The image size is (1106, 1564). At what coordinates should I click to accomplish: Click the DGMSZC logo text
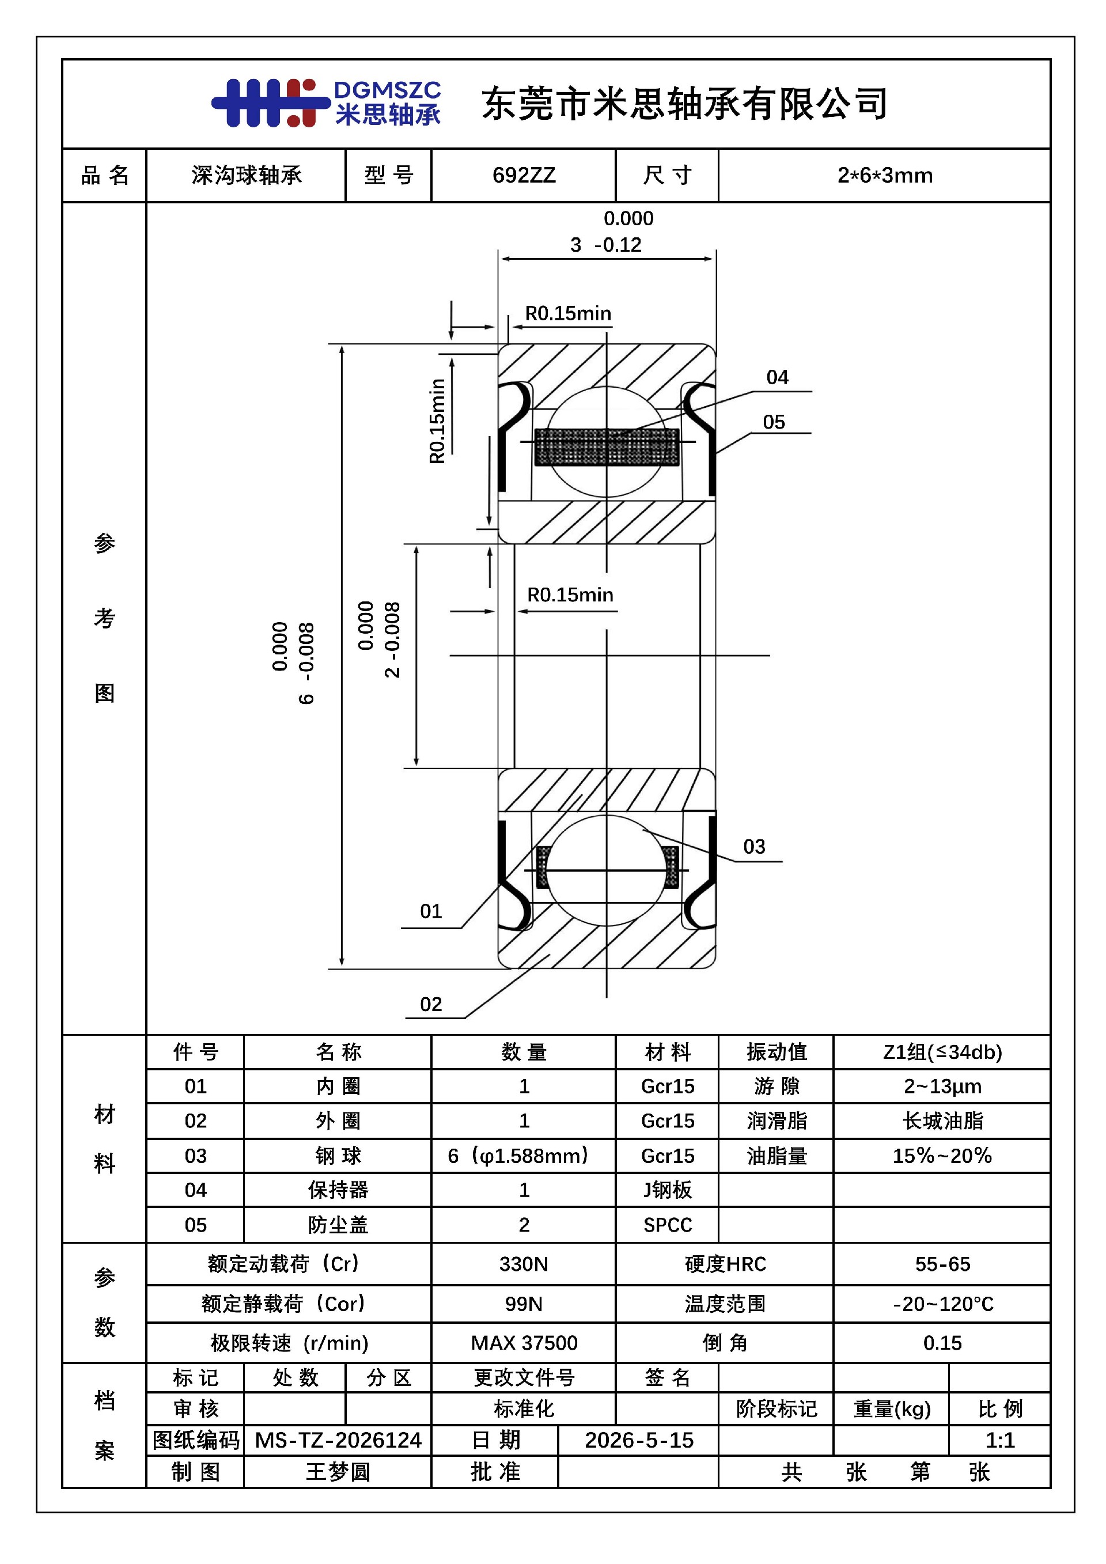[387, 90]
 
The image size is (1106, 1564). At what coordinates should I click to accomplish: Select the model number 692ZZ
[524, 176]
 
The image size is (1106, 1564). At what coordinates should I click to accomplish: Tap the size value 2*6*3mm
[885, 176]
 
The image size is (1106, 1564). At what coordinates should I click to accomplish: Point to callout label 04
[777, 377]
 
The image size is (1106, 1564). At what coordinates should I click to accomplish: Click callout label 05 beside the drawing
[774, 422]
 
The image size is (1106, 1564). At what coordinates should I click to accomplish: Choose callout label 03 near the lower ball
[754, 847]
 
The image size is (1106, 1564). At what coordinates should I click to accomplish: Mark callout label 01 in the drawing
[430, 911]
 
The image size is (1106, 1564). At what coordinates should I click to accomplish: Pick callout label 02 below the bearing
[430, 1004]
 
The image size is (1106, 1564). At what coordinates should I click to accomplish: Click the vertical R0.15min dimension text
[437, 421]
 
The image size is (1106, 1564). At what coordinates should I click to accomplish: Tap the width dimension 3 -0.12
[606, 245]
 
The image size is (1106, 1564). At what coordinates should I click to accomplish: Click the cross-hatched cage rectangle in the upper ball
[607, 447]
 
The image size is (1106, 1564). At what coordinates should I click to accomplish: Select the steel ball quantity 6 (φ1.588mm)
[518, 1156]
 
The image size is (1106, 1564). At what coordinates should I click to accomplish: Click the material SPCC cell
[668, 1225]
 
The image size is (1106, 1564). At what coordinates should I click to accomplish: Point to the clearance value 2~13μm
[942, 1086]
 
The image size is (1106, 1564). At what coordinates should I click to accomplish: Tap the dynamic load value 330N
[524, 1264]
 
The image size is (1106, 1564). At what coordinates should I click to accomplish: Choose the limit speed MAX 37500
[524, 1343]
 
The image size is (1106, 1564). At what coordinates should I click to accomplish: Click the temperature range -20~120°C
[943, 1304]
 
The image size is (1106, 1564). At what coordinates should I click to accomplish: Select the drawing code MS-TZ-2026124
[338, 1440]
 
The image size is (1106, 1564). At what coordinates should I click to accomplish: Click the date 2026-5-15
[639, 1440]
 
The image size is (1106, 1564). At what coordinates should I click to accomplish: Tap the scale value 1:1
[1000, 1440]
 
